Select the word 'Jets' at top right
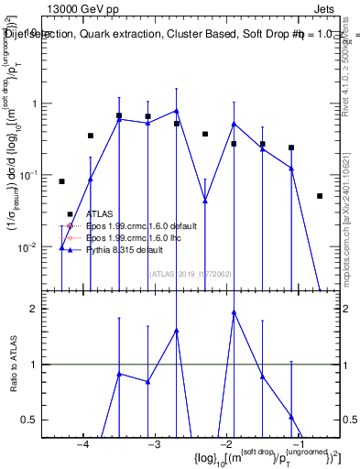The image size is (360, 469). (338, 7)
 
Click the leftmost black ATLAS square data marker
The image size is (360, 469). (61, 181)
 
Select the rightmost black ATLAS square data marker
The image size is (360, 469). (320, 196)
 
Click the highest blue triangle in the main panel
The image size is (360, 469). (176, 111)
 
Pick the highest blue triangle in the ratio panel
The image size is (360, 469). (234, 312)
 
